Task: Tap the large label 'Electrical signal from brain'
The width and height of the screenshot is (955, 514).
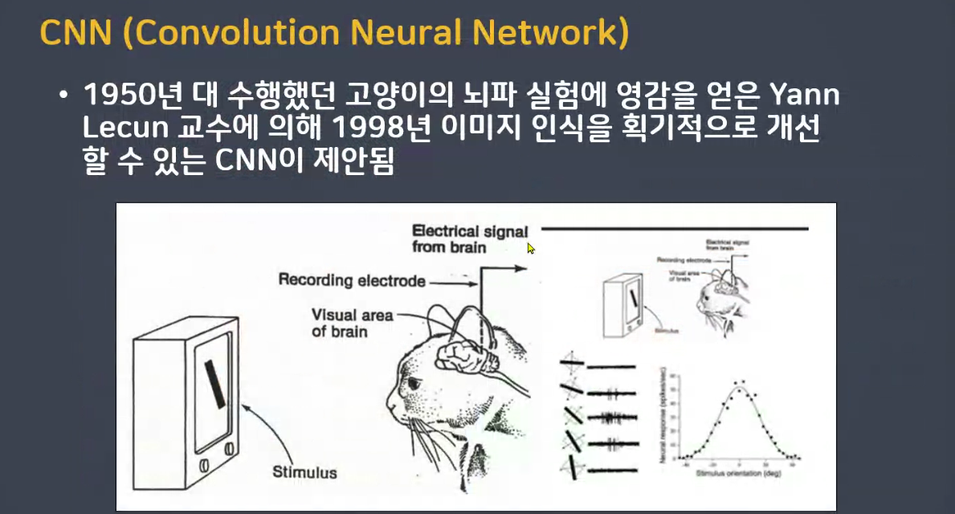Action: pos(470,239)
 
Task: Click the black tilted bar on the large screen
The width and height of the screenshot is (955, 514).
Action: pos(214,385)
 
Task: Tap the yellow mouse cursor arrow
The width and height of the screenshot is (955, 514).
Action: pos(531,248)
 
